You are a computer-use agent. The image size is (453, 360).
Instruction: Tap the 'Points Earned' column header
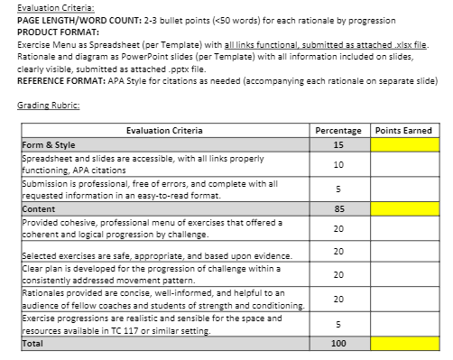pyautogui.click(x=403, y=131)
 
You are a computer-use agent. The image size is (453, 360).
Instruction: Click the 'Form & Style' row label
pyautogui.click(x=51, y=144)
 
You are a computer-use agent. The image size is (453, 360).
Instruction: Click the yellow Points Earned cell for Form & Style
pyautogui.click(x=403, y=144)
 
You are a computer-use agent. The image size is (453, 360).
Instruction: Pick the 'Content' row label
pyautogui.click(x=39, y=208)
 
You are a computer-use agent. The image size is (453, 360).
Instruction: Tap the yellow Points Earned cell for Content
pyautogui.click(x=403, y=208)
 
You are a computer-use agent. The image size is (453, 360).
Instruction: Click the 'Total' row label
pyautogui.click(x=33, y=343)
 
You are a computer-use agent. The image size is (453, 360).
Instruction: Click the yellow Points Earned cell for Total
pyautogui.click(x=403, y=343)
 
